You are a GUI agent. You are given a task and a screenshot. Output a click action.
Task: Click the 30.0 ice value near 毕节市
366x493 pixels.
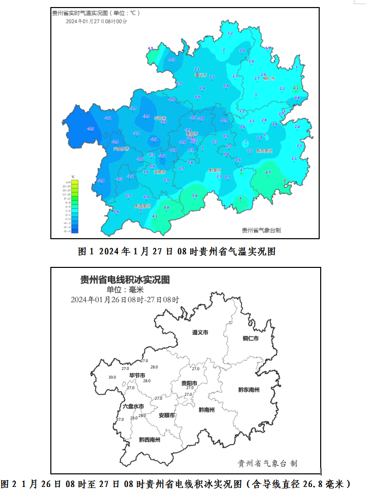click(x=112, y=377)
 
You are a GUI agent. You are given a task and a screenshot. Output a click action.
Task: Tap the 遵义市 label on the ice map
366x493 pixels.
click(x=200, y=333)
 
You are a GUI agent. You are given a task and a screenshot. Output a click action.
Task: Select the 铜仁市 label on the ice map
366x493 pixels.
click(x=250, y=338)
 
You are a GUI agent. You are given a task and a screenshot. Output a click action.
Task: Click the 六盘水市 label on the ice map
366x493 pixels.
click(x=133, y=406)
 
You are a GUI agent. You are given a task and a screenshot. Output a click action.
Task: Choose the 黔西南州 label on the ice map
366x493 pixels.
click(x=150, y=440)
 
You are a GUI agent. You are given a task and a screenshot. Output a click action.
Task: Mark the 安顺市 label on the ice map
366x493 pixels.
click(x=167, y=415)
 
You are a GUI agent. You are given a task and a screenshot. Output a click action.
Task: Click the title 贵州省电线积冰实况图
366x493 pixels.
click(x=125, y=279)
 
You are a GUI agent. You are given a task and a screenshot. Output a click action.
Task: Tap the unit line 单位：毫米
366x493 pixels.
click(x=125, y=290)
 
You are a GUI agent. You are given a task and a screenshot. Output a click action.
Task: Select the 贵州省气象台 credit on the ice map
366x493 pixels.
click(x=267, y=463)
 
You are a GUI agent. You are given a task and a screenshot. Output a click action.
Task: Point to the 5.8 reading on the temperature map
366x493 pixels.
click(x=195, y=195)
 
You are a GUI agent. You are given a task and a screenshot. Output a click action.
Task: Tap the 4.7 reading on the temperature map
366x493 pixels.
click(x=268, y=173)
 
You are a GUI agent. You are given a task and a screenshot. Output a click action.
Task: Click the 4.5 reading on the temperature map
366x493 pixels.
click(x=150, y=48)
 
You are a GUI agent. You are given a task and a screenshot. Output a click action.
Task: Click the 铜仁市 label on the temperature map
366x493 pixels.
click(x=269, y=79)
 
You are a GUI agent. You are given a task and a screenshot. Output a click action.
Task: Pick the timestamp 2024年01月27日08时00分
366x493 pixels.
click(x=97, y=22)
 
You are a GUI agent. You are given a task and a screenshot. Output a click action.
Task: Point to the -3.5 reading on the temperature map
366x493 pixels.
click(x=147, y=116)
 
